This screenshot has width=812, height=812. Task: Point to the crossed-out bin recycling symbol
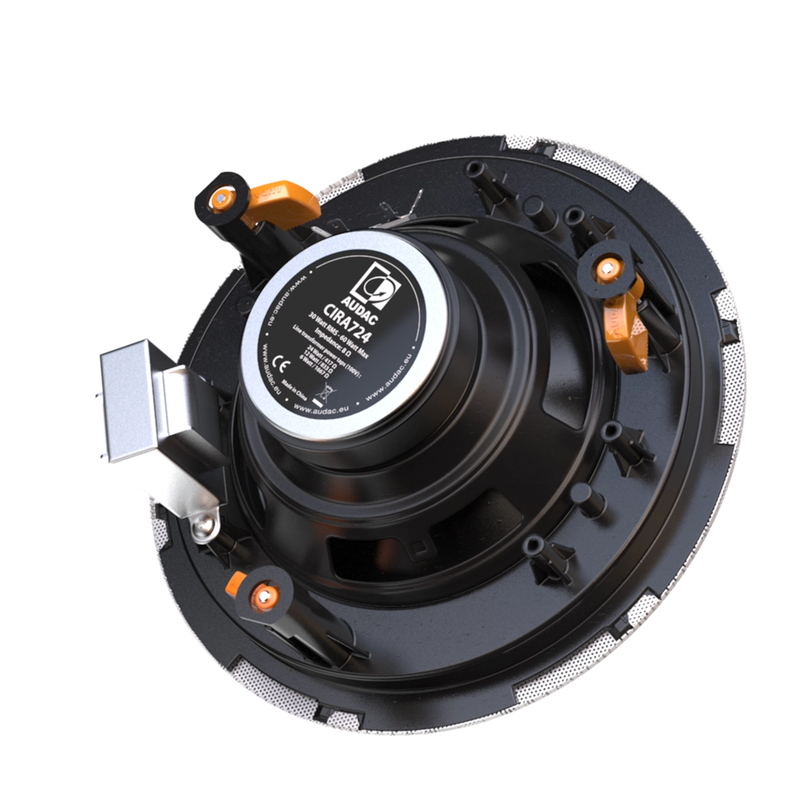tap(320, 389)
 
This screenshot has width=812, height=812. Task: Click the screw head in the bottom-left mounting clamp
tap(262, 594)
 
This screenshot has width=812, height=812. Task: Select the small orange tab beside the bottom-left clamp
tap(235, 584)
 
